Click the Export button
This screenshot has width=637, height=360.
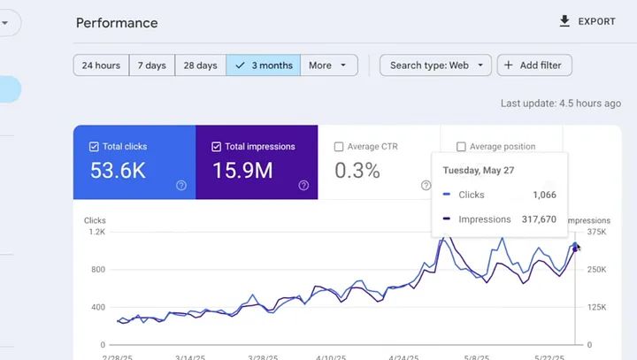click(587, 21)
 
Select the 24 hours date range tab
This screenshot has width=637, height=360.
click(101, 65)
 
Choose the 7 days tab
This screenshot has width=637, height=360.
click(155, 65)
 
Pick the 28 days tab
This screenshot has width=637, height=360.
click(200, 65)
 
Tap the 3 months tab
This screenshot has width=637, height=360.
click(264, 65)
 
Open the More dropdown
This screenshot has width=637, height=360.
click(329, 65)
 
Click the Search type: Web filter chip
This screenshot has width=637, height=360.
click(435, 65)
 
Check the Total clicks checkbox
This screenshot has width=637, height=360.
click(95, 147)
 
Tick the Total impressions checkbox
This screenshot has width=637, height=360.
click(217, 147)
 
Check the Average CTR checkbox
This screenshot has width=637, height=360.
click(339, 147)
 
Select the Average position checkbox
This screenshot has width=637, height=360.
click(461, 147)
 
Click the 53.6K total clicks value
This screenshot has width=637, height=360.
click(118, 171)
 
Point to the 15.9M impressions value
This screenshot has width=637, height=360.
click(242, 171)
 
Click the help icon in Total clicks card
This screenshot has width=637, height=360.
click(181, 186)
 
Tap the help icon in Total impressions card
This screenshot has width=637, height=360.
click(303, 186)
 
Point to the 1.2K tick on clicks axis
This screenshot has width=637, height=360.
click(96, 232)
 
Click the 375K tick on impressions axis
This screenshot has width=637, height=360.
click(596, 232)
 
